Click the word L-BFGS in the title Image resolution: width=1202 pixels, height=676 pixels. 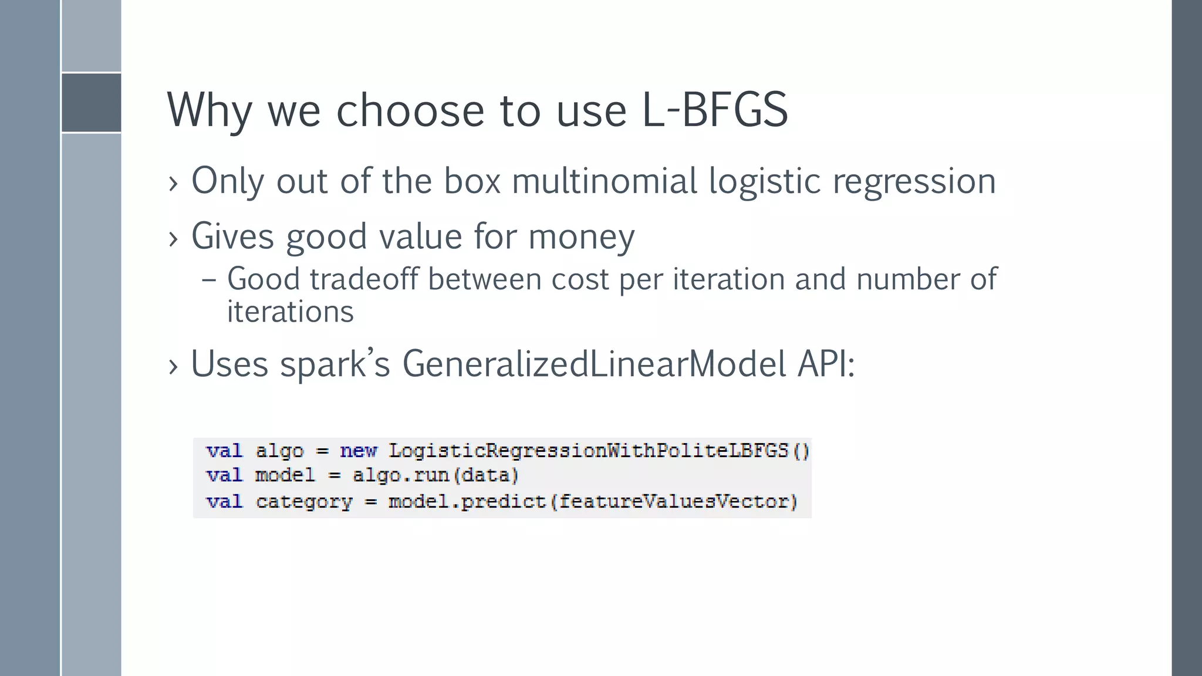pyautogui.click(x=714, y=110)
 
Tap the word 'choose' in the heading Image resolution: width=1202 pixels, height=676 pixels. pyautogui.click(x=410, y=110)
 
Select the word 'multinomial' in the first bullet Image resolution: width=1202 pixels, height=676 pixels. pyautogui.click(x=604, y=181)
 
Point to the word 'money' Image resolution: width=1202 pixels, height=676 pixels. pyautogui.click(x=581, y=236)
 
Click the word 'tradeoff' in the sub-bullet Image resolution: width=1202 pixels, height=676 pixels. pyautogui.click(x=364, y=279)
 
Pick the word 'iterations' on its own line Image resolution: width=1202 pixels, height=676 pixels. pyautogui.click(x=290, y=312)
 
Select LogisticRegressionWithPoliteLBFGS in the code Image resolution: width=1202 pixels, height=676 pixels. pyautogui.click(x=588, y=451)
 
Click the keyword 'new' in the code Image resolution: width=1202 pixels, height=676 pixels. pyautogui.click(x=358, y=451)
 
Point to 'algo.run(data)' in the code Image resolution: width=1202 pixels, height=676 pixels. pyautogui.click(x=435, y=475)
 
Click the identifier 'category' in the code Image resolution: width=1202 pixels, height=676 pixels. pyautogui.click(x=304, y=502)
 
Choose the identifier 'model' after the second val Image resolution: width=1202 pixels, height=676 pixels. pyautogui.click(x=285, y=475)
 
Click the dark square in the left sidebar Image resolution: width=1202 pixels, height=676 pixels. pyautogui.click(x=91, y=103)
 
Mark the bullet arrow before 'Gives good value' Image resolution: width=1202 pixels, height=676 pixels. pyautogui.click(x=173, y=239)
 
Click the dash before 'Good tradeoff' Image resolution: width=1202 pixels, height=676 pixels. pyautogui.click(x=208, y=280)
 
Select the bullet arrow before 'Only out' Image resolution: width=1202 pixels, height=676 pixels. pyautogui.click(x=173, y=183)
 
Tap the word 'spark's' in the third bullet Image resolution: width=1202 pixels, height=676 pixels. pyautogui.click(x=335, y=364)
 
